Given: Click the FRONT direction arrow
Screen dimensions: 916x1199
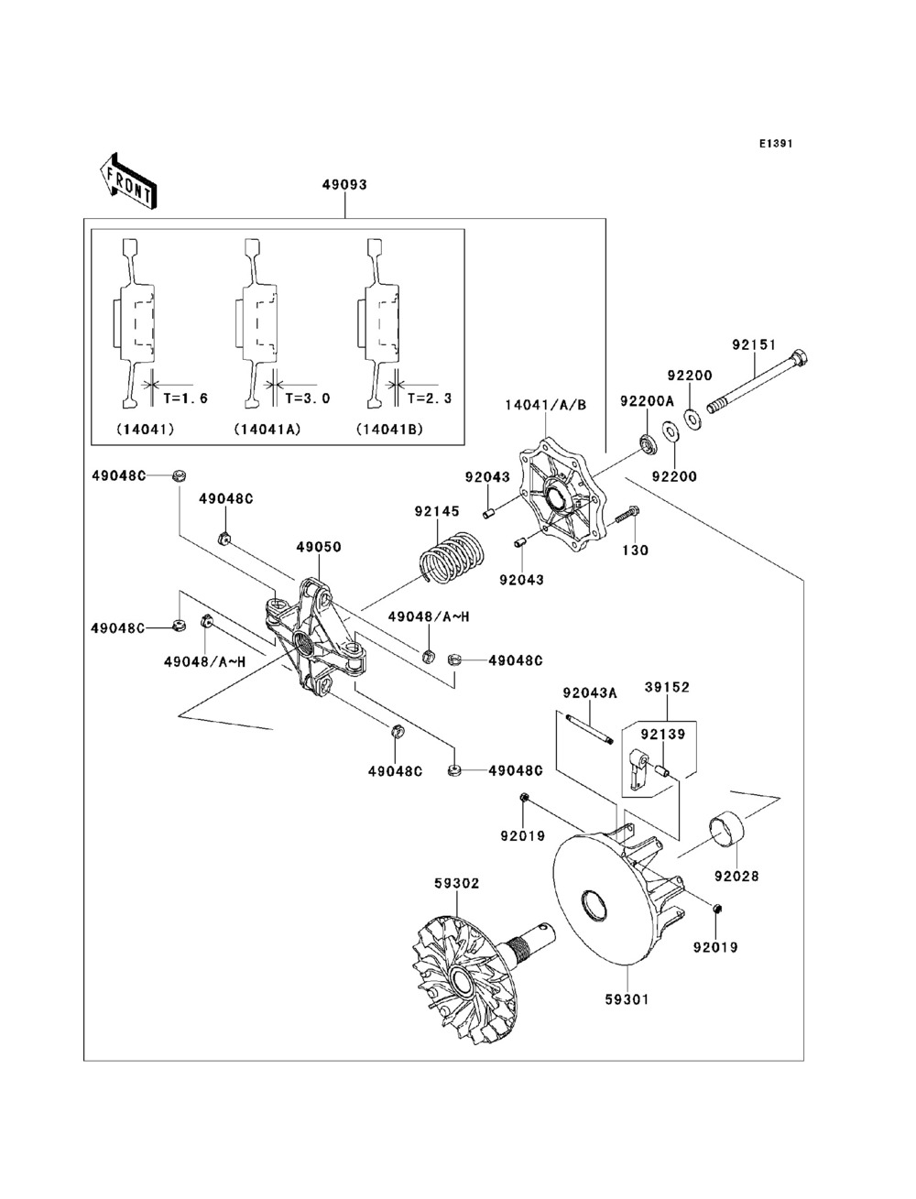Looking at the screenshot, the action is coord(128,180).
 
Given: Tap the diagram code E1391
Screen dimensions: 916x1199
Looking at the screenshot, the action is coord(776,144).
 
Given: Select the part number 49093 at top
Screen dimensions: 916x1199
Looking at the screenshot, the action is coord(344,185).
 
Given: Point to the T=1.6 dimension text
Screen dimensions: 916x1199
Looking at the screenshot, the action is coord(186,398).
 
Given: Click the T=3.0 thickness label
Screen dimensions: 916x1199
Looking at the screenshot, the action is coord(308,398).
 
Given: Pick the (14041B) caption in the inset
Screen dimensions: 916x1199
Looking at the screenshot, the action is coord(389,430).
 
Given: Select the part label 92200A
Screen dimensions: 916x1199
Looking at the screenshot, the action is coord(648,401).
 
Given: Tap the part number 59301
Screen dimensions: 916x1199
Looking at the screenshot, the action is coord(627,999).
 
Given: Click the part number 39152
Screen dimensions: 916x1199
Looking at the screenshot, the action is coord(667,687).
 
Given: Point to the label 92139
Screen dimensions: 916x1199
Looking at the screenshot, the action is coord(662,735).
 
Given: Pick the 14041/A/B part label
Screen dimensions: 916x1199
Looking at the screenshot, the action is coord(546,405).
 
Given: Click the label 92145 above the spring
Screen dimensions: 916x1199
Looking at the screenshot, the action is coord(437,511).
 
